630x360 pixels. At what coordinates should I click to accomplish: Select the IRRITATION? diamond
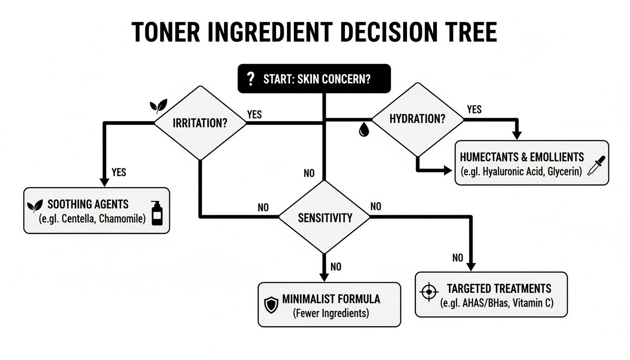point(200,123)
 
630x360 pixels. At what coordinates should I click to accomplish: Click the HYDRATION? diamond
point(417,119)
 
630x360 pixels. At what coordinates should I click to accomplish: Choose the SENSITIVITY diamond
point(324,217)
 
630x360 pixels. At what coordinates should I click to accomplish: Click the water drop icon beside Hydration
point(364,130)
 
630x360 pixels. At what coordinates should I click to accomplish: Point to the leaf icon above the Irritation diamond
point(157,107)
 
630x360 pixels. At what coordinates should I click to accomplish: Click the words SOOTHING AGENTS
point(88,205)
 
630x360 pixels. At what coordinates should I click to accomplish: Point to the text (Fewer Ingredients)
point(330,313)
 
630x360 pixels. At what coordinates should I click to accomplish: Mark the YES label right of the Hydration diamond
point(474,109)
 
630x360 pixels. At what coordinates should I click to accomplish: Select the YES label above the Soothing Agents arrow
point(119,172)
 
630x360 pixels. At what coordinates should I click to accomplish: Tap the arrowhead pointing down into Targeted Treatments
point(471,266)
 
